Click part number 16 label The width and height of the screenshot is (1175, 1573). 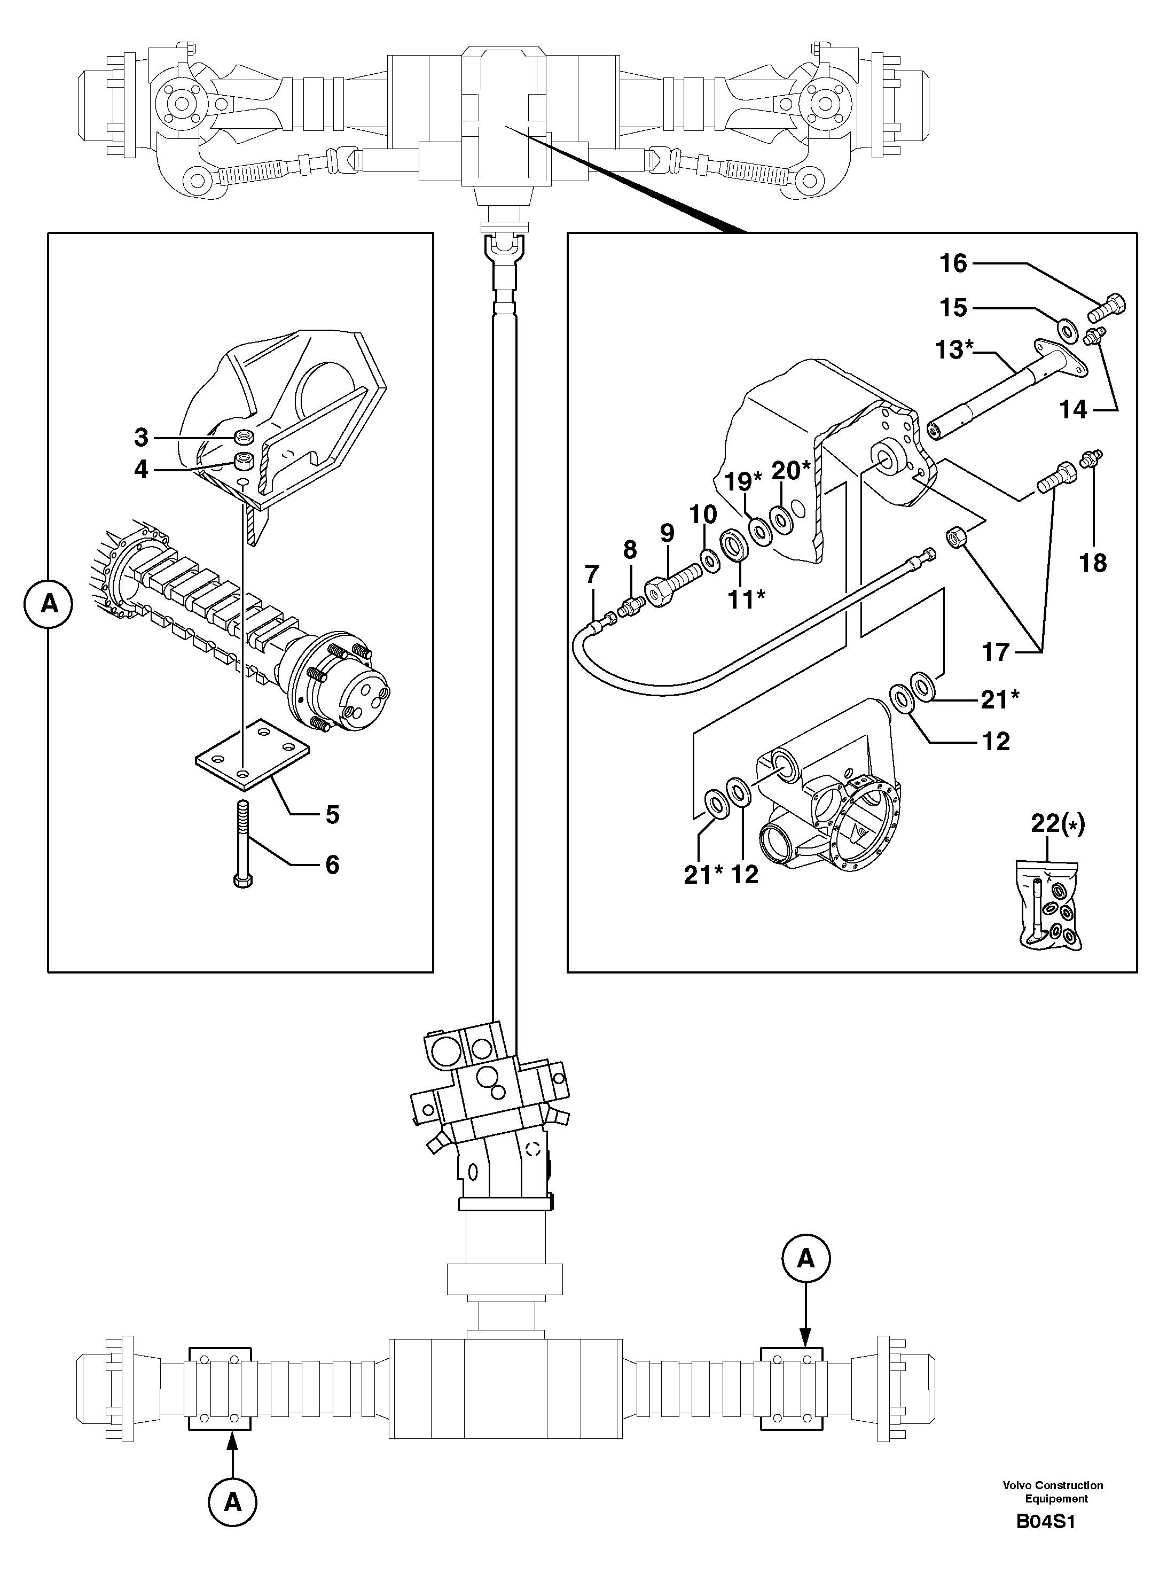(952, 264)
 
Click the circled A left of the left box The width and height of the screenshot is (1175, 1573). (49, 604)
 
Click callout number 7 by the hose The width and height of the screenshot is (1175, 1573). (591, 574)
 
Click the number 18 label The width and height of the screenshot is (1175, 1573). (1093, 563)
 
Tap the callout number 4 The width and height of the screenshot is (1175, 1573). (141, 469)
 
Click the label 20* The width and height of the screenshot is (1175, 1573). (790, 470)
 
